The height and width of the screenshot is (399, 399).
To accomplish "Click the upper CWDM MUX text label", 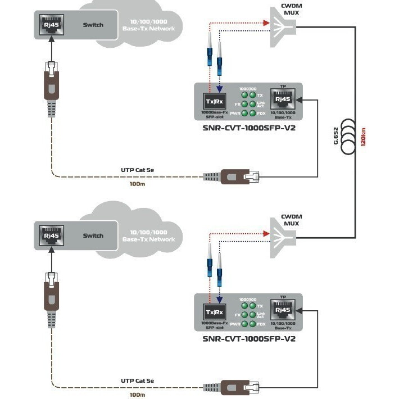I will [x=291, y=11].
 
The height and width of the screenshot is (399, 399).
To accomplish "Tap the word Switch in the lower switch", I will [x=93, y=235].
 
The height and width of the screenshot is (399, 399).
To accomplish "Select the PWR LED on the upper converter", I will [x=244, y=114].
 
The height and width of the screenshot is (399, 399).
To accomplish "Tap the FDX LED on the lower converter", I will [x=253, y=324].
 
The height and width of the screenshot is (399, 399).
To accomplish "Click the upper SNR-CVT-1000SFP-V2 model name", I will [x=248, y=128].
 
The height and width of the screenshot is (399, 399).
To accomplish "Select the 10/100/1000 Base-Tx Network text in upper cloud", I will [x=148, y=25].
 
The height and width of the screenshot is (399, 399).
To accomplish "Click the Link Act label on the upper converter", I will [x=261, y=104].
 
